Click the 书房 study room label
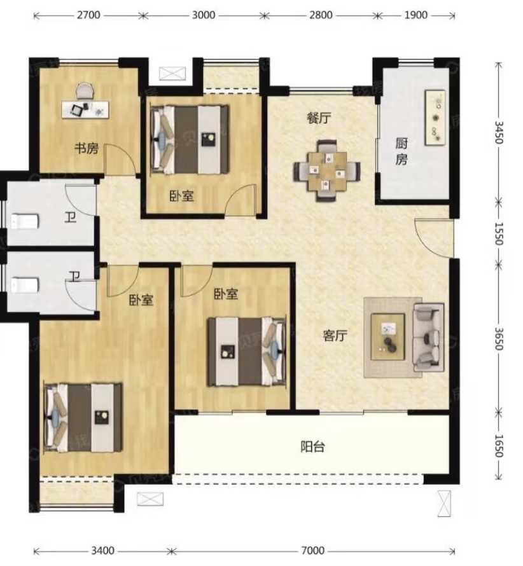87,148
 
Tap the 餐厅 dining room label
319,118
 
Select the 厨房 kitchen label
401,151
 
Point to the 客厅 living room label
335,336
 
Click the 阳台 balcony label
313,447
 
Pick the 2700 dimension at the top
88,15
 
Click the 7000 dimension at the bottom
313,551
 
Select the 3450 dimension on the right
499,132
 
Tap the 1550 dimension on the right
499,234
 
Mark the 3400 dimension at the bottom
102,551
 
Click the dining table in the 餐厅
327,170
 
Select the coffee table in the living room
387,337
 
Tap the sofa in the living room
429,338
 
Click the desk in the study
85,109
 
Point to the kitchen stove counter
435,118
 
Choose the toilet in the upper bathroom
25,222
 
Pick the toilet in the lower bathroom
25,285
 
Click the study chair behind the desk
85,90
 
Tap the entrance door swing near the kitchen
433,238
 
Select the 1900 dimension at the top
415,15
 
